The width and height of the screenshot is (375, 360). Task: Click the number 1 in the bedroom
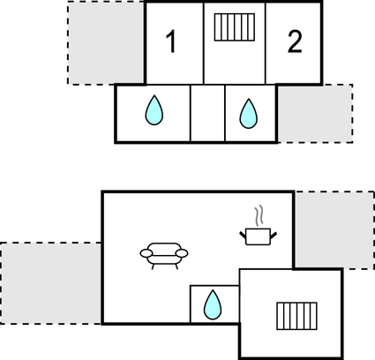click(172, 41)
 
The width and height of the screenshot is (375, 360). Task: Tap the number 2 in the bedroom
click(295, 41)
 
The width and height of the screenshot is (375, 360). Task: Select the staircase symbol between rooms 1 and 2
click(234, 27)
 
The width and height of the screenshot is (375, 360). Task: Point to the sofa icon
click(164, 254)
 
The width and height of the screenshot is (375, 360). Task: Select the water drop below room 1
click(154, 111)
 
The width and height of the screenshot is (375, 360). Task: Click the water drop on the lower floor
click(213, 304)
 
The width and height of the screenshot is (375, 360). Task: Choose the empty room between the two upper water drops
click(207, 113)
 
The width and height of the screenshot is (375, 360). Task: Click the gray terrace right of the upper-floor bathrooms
click(314, 113)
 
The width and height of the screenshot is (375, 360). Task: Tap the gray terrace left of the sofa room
click(50, 282)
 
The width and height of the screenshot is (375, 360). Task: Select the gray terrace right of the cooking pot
click(334, 229)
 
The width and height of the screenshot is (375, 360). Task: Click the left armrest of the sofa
click(146, 253)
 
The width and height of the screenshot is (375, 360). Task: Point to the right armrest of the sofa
click(183, 253)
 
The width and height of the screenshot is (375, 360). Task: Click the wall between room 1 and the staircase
click(204, 42)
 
